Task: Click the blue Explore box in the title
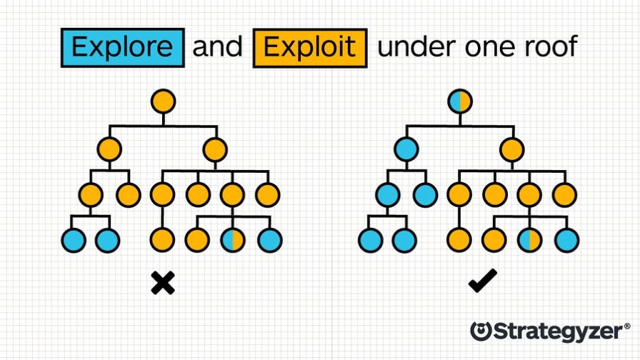coord(122,48)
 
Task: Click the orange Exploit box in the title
coord(309,48)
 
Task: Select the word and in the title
coord(218,48)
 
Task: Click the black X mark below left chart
coord(163,284)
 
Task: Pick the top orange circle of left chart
coord(163,101)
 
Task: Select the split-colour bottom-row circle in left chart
coord(232,240)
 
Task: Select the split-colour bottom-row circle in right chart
coord(529,240)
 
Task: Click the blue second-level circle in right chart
coord(406,150)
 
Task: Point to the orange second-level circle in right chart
coord(511,150)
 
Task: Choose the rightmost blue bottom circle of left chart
coord(269,240)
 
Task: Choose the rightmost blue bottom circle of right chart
coord(565,240)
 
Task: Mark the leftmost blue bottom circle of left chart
coord(74,240)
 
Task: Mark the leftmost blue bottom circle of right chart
coord(370,240)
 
